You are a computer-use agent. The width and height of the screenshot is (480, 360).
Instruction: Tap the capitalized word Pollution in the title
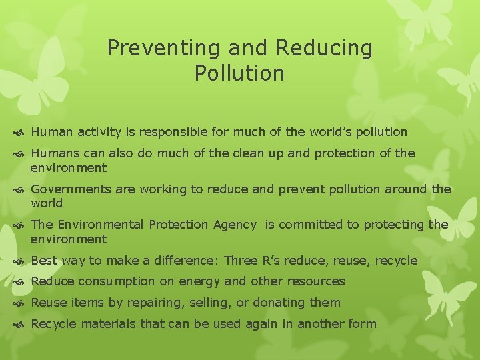point(239,73)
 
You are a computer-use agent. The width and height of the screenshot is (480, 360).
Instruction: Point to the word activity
point(95,132)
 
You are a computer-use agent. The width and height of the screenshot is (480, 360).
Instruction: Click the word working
point(163,189)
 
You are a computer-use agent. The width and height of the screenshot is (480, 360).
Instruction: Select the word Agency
point(235,225)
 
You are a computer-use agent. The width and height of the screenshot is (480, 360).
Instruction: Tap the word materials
point(105,324)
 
